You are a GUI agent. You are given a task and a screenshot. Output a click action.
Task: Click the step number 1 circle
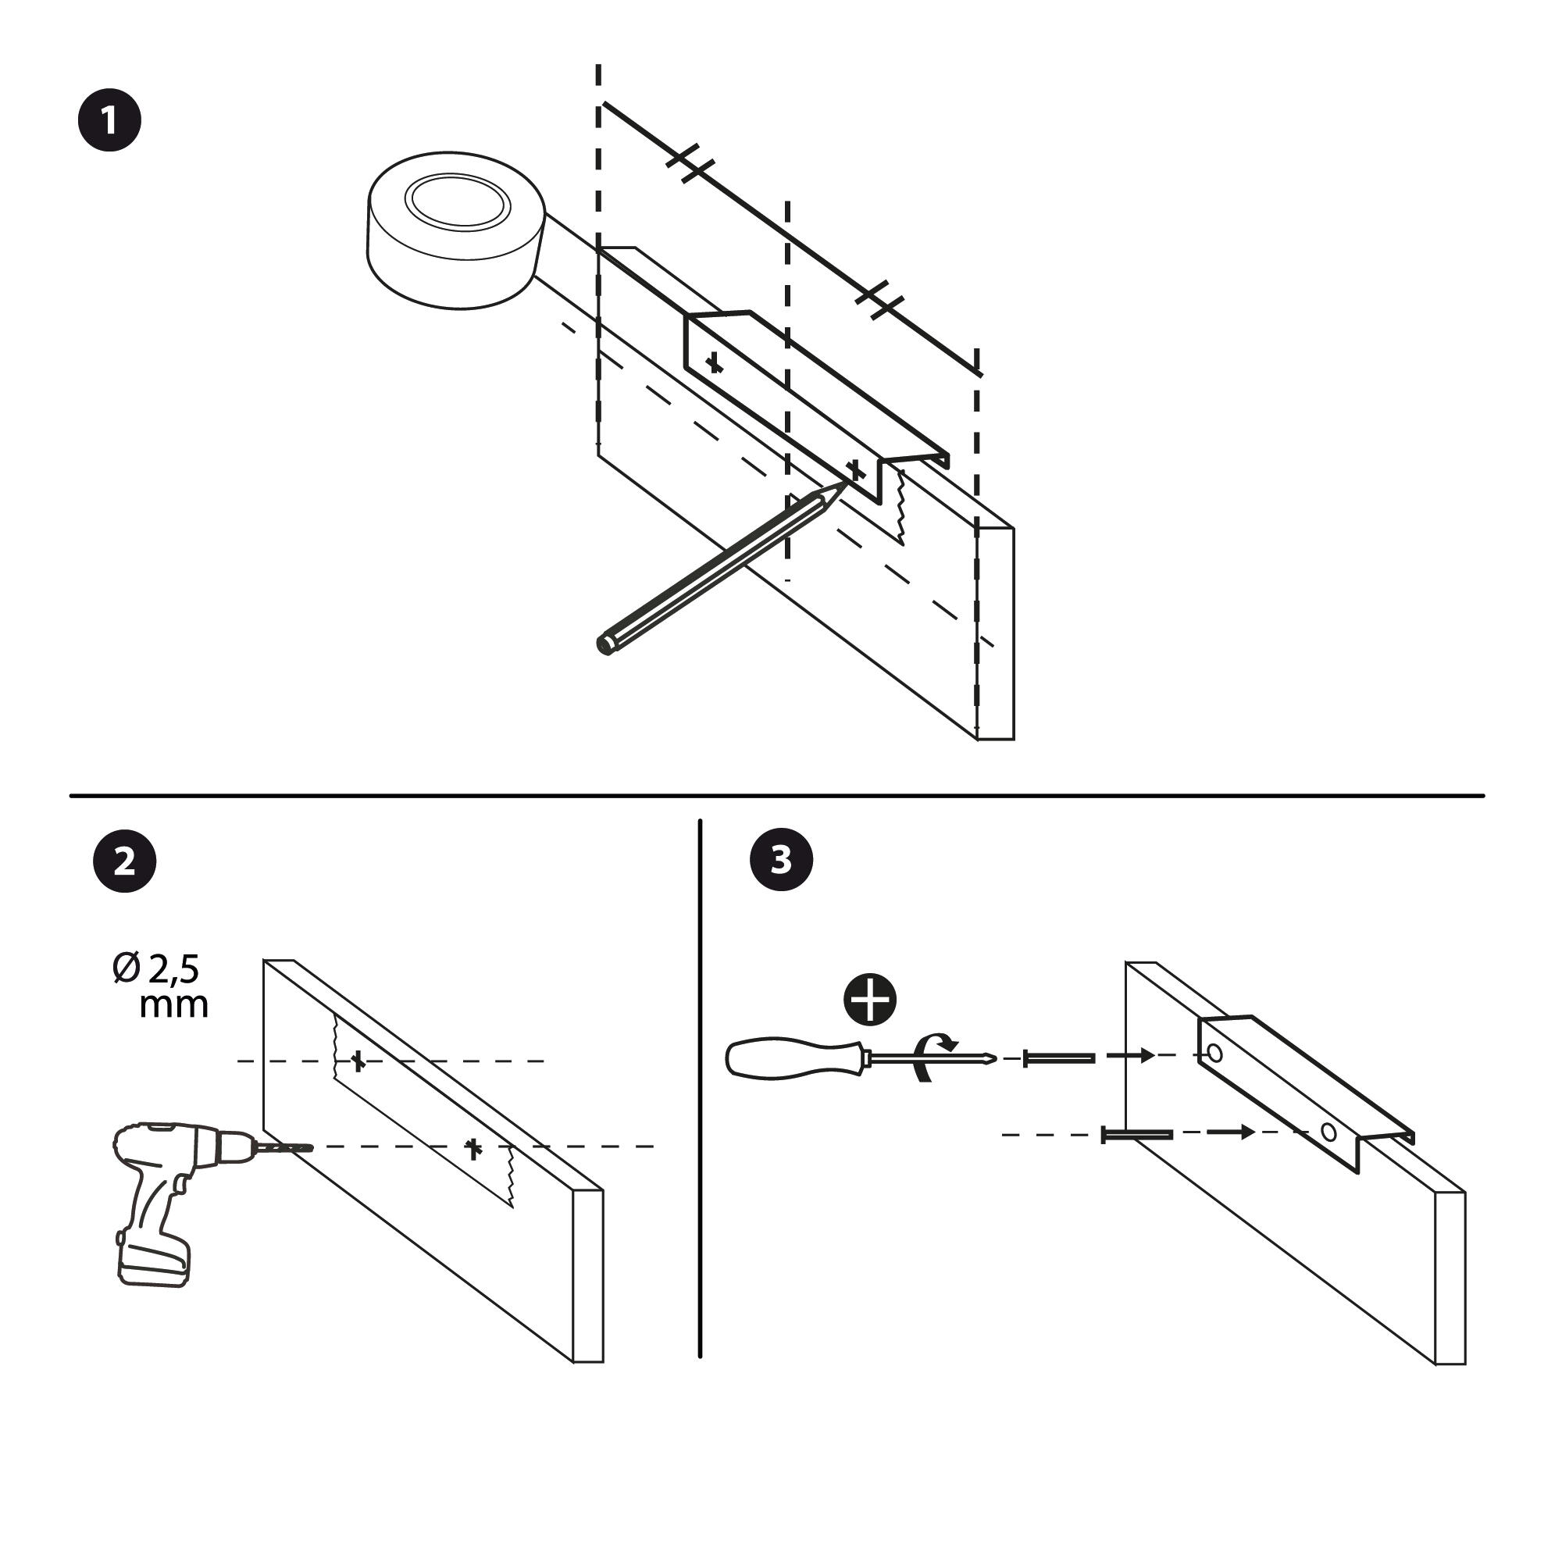point(109,120)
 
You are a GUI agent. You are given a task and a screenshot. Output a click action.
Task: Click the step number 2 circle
point(124,861)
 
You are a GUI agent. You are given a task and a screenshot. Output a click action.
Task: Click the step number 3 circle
point(781,859)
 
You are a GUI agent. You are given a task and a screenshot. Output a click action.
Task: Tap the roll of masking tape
point(457,230)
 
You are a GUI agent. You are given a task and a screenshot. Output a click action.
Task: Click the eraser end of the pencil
point(604,645)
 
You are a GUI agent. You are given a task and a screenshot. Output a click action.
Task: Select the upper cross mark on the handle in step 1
point(714,363)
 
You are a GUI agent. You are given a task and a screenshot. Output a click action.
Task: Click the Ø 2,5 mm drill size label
point(162,986)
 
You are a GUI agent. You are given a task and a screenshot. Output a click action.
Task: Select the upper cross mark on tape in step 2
point(358,1061)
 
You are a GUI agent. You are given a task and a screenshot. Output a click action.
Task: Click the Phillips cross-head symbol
point(870,1000)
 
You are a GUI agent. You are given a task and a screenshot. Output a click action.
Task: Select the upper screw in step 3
point(1059,1057)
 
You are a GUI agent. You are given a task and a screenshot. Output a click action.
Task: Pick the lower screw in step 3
point(1136,1135)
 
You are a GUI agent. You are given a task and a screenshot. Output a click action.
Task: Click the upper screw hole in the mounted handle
point(1214,1054)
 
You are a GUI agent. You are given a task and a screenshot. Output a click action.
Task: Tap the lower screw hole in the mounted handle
point(1328,1132)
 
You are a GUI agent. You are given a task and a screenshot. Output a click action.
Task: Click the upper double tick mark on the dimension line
point(690,162)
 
